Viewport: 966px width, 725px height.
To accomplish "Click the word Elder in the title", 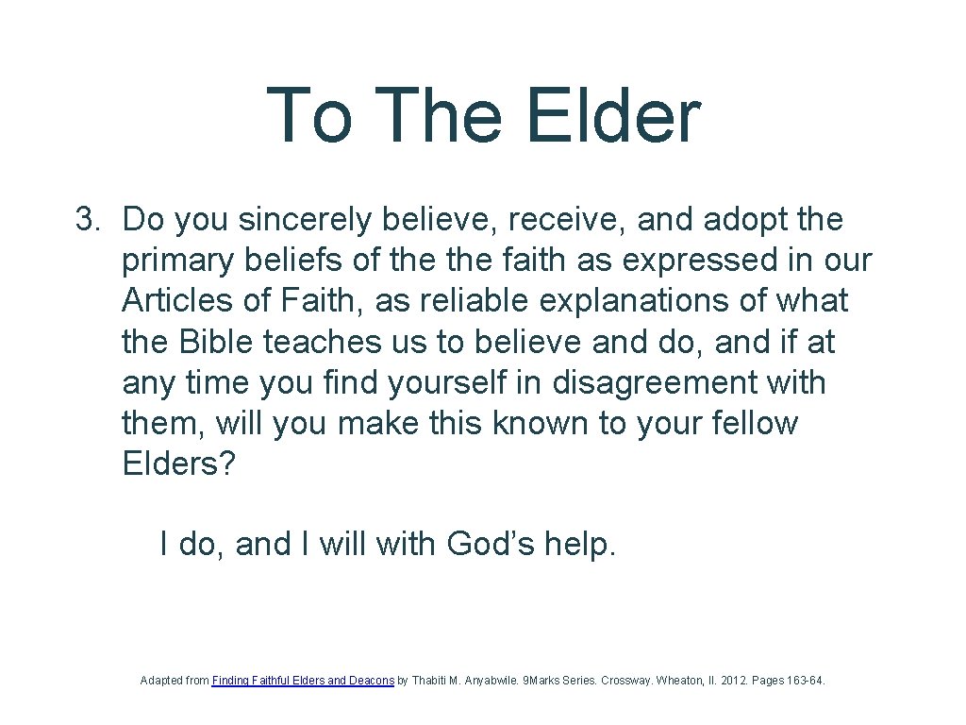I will [613, 115].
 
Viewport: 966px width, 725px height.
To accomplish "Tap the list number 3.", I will [87, 220].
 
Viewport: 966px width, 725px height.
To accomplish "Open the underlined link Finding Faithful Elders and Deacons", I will [303, 680].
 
